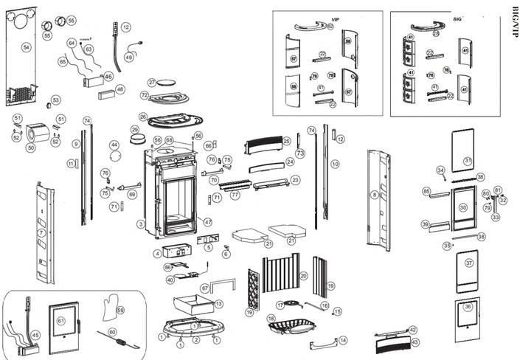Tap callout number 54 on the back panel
point(26,46)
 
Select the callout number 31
point(467,160)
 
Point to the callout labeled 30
point(462,208)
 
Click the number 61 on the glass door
point(61,319)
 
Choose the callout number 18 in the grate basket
point(271,319)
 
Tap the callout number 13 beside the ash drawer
point(218,303)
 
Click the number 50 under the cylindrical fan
point(30,148)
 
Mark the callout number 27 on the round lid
point(152,82)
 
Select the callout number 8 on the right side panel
point(374,194)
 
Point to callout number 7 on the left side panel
point(41,232)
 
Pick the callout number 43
point(415,342)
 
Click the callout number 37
point(468,263)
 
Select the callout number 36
point(468,307)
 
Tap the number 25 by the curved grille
point(287,140)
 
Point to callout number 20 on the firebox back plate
point(303,275)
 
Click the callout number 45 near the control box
point(35,334)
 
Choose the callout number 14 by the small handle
point(342,340)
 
